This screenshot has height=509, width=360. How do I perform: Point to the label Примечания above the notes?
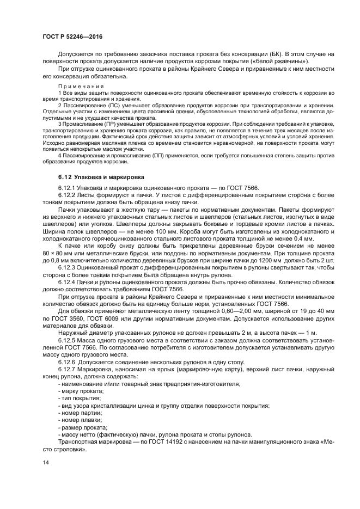(x=76, y=87)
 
